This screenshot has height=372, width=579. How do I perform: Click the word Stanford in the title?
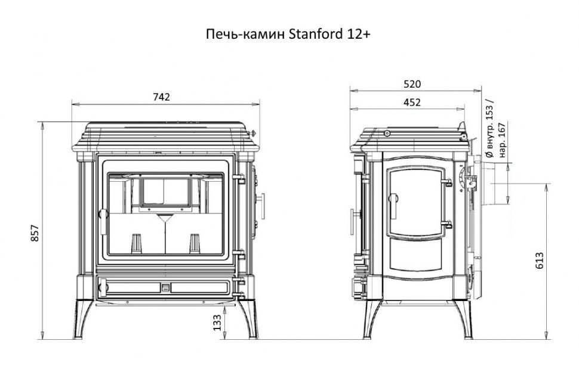pos(315,34)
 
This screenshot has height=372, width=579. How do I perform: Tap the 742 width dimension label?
pos(161,97)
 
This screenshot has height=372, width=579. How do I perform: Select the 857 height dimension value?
pos(35,233)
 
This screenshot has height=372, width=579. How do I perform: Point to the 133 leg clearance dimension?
pos(217,323)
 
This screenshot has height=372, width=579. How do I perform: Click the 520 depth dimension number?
pos(412,84)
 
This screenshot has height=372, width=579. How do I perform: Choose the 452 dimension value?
pos(412,102)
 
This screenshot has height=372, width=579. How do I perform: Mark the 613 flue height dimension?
pos(540,261)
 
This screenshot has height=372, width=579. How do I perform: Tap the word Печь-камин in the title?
pos(245,34)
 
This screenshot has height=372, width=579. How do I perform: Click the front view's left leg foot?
pos(78,336)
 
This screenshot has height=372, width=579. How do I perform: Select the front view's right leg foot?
pos(253,336)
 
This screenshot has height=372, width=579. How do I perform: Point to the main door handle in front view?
pos(103,221)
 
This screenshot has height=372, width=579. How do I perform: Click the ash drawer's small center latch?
pos(165,287)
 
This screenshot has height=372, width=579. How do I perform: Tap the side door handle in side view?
pos(393,205)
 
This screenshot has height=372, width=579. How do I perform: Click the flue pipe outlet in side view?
pos(495,184)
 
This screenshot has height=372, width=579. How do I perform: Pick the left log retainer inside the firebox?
pos(137,243)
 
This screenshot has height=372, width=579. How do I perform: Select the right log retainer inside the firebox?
pos(195,243)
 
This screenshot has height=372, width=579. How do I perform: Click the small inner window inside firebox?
pos(166,192)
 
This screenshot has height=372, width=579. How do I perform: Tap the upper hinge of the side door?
pos(446,182)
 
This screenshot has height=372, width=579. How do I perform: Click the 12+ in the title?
pos(358,34)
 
